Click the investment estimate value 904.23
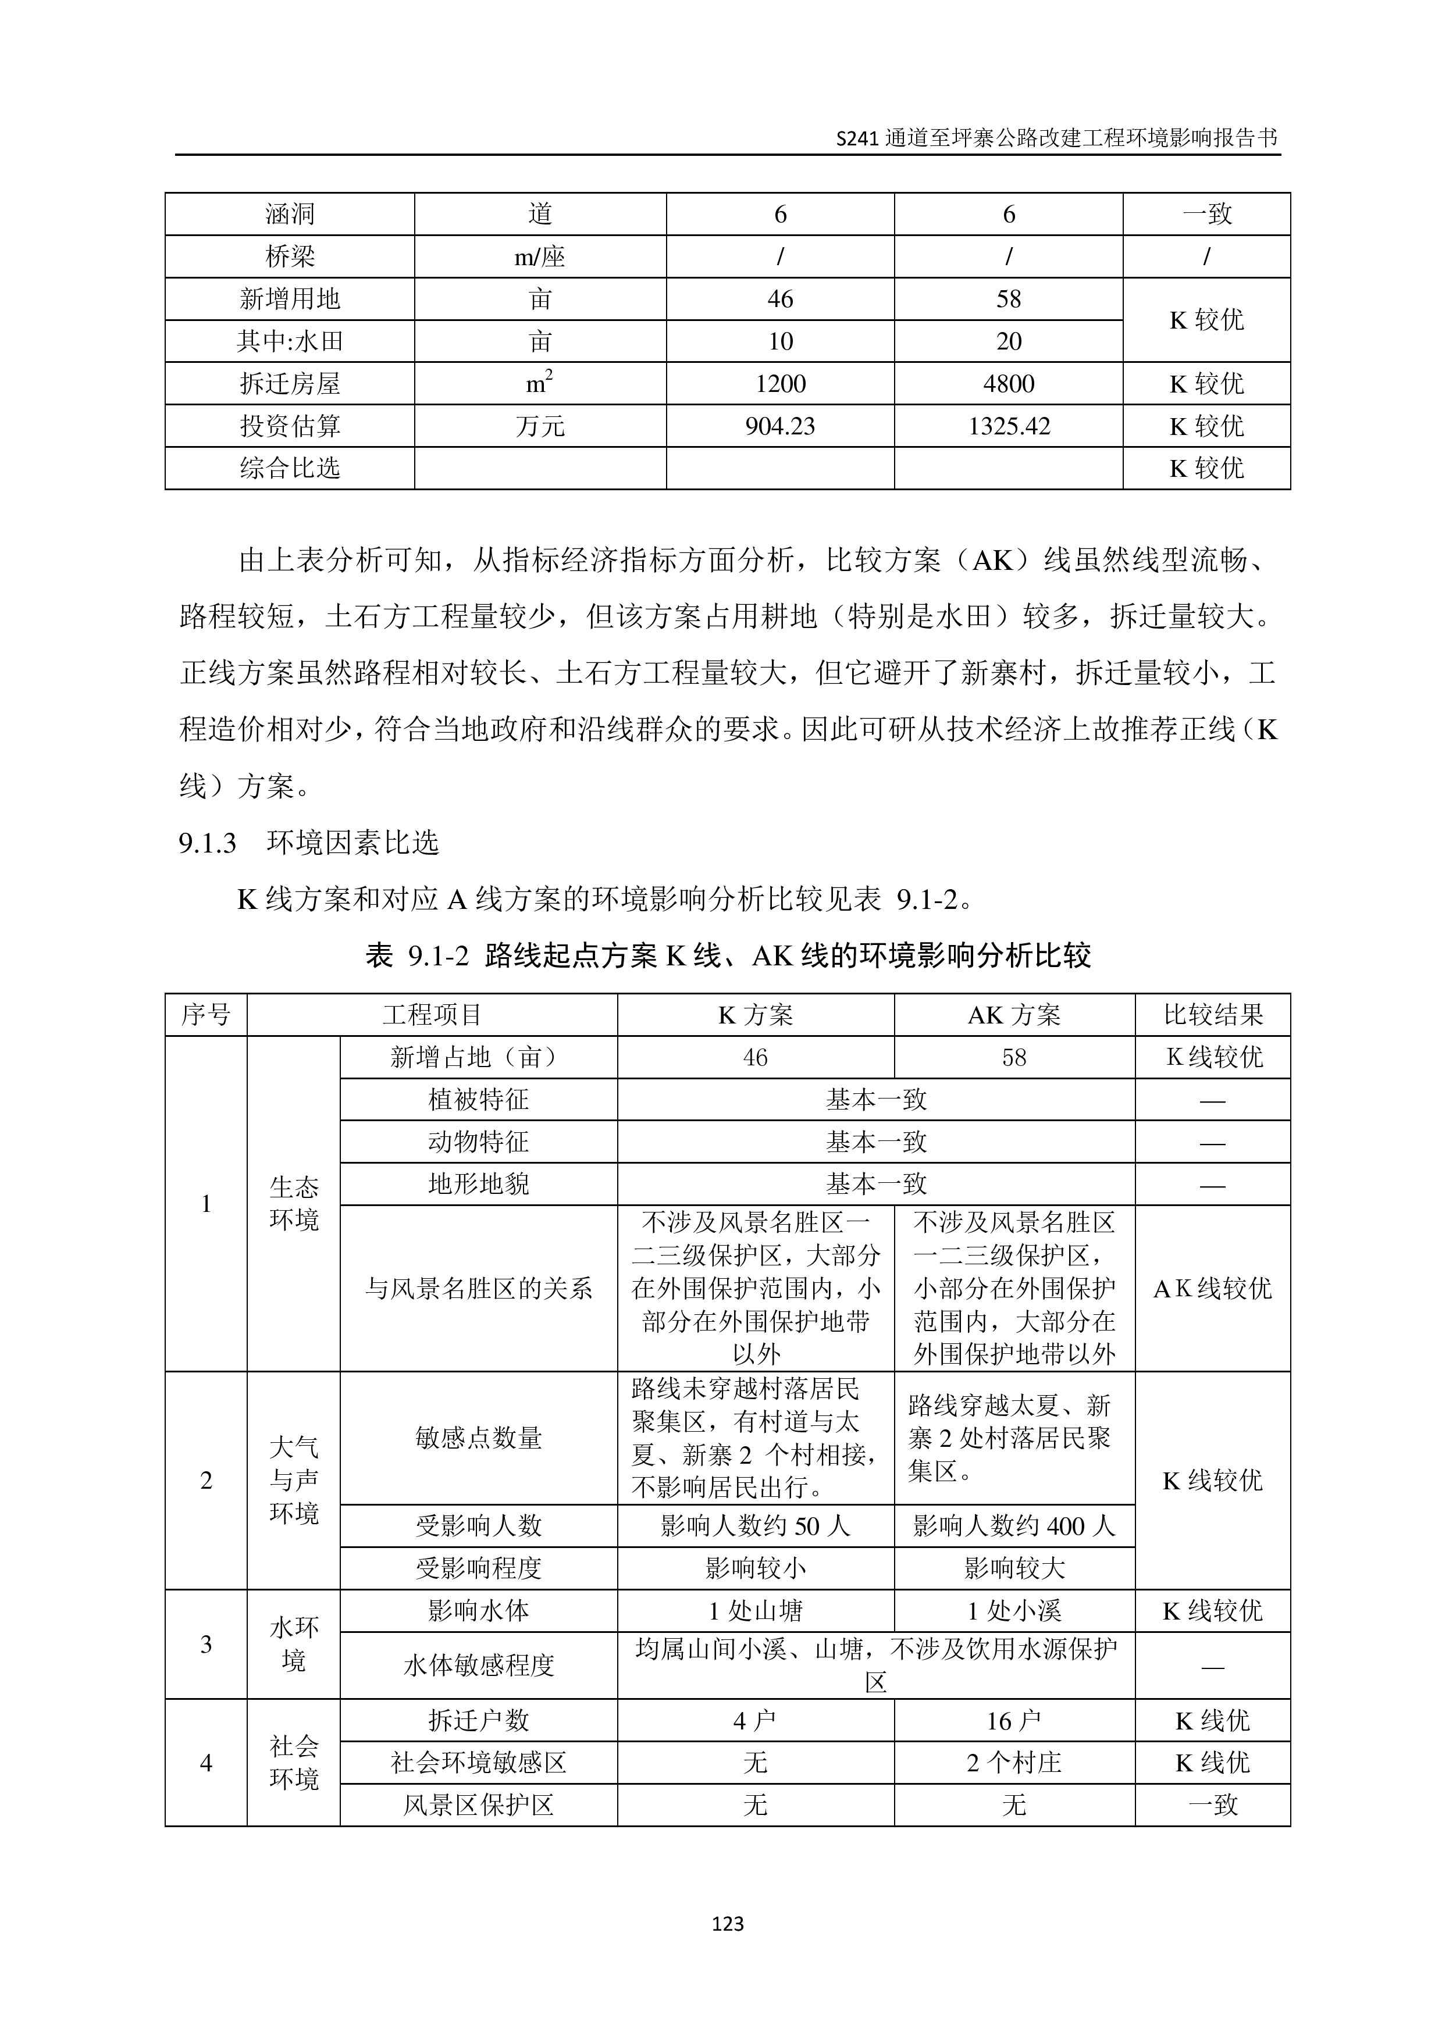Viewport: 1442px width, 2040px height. click(779, 426)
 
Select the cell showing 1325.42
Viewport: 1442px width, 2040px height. click(1009, 426)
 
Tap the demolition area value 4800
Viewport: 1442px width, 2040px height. click(1009, 384)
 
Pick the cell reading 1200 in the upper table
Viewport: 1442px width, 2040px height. click(779, 384)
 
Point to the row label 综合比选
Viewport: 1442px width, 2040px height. click(290, 468)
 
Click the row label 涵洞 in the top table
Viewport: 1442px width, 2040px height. click(290, 214)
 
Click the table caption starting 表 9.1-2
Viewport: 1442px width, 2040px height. click(728, 956)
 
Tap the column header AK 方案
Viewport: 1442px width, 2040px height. click(1014, 1015)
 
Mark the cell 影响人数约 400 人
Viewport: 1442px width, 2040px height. click(1014, 1525)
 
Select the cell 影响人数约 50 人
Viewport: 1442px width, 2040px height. click(755, 1525)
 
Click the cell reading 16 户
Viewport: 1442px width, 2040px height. click(1014, 1721)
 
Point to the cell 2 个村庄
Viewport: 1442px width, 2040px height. click(1014, 1763)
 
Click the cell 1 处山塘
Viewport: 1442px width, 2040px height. click(755, 1611)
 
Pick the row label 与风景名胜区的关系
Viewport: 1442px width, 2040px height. click(478, 1288)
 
